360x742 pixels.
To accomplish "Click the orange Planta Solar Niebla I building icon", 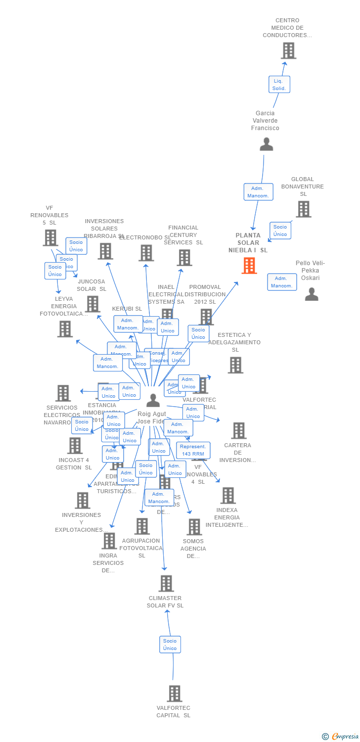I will click(x=249, y=266).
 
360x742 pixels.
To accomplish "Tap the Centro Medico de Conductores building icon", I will click(x=288, y=50).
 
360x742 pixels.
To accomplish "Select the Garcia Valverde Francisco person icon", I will click(x=266, y=144).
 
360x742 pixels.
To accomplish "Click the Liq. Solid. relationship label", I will click(x=279, y=84).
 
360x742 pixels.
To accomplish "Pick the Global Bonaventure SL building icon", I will click(x=303, y=209).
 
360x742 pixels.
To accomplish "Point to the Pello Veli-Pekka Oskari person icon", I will click(x=312, y=294).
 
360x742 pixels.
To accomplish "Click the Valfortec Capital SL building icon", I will click(x=174, y=694).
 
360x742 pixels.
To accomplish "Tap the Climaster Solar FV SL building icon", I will click(x=166, y=583).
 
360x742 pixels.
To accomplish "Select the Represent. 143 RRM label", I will click(x=193, y=450).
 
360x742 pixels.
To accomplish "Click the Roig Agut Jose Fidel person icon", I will click(x=153, y=400).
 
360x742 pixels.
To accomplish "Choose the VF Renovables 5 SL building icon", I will click(x=50, y=238).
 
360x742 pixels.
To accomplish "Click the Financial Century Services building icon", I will click(x=184, y=257).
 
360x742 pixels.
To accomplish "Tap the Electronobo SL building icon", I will click(x=146, y=253).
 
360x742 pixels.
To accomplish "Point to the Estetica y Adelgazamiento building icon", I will click(x=235, y=365).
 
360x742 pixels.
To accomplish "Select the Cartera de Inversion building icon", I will click(x=238, y=430).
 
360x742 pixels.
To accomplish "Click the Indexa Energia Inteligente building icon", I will click(x=227, y=495).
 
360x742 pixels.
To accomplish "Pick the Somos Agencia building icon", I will click(x=194, y=527).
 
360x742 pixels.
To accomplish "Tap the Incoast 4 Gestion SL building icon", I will click(x=75, y=445).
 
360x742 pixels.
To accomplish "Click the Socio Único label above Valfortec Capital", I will click(x=170, y=645).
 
